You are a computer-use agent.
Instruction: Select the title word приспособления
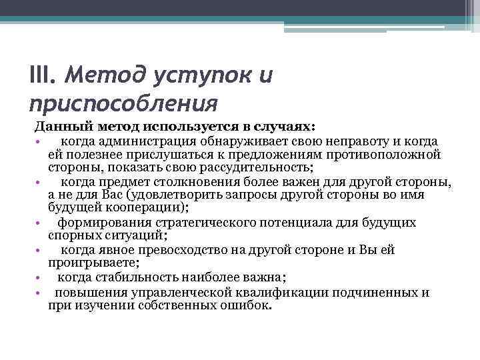tap(124, 104)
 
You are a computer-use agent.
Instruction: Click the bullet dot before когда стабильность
tap(40, 278)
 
